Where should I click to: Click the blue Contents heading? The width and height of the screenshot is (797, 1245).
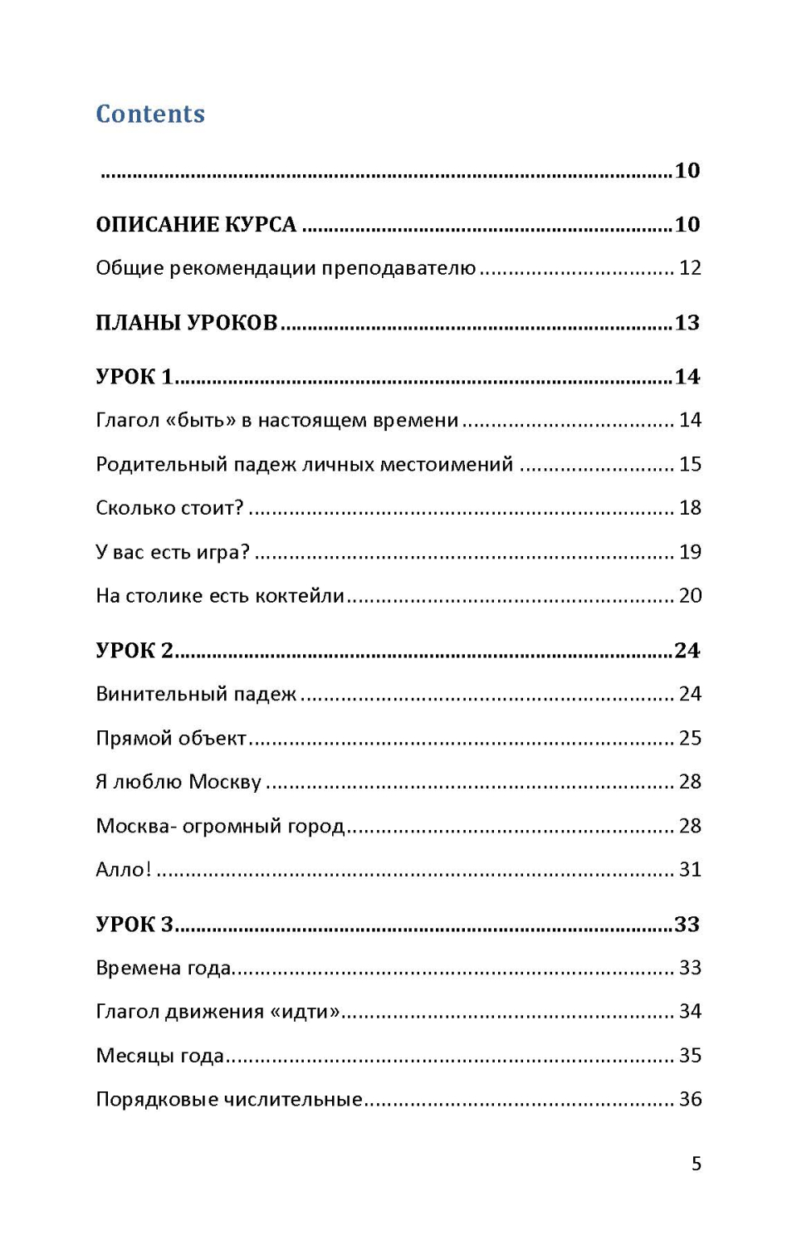tap(150, 114)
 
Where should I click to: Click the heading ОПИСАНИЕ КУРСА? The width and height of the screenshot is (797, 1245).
tap(196, 225)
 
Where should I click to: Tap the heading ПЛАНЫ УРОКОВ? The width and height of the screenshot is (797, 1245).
tap(186, 323)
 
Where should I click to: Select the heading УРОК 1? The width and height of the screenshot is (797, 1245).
tap(134, 377)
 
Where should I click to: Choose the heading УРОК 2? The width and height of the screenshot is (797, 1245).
tap(134, 651)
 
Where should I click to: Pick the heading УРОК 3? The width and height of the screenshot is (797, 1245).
tap(134, 925)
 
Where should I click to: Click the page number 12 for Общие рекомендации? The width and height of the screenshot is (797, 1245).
tap(690, 268)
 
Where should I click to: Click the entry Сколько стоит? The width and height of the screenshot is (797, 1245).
tap(169, 508)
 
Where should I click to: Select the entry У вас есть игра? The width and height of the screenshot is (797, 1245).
tap(172, 552)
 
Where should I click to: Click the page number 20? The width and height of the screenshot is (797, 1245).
tap(690, 596)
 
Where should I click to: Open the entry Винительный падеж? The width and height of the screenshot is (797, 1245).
tap(196, 695)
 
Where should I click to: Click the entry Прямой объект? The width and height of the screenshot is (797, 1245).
tap(171, 739)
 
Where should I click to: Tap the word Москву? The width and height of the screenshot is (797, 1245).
tap(225, 783)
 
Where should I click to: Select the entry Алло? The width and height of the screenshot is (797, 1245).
tap(123, 870)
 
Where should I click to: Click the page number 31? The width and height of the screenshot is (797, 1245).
tap(690, 870)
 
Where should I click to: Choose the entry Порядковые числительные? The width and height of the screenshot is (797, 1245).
tap(229, 1100)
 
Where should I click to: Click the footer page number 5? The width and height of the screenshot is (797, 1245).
tap(697, 1164)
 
